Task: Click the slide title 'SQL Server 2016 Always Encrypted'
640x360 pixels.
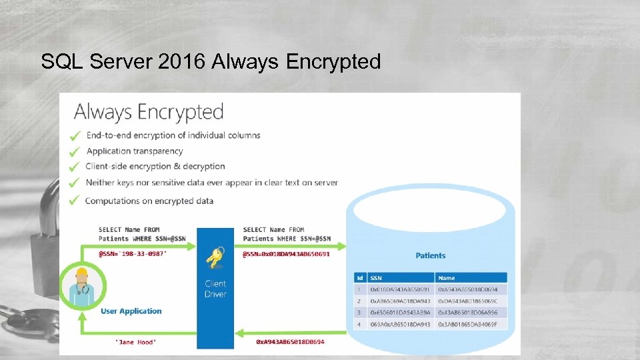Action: (x=211, y=62)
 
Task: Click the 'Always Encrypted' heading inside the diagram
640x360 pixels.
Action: (x=149, y=111)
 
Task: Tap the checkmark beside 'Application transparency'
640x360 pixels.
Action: (x=75, y=151)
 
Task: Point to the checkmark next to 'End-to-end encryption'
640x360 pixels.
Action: (x=75, y=136)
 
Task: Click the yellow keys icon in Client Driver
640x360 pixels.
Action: (x=215, y=258)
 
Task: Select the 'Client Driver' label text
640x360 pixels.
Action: (x=215, y=289)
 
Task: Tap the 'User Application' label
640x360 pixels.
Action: (x=131, y=311)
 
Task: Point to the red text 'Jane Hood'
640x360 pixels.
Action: (x=136, y=342)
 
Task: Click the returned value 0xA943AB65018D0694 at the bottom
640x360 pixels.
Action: (x=290, y=342)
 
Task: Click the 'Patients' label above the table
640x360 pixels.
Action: (x=430, y=255)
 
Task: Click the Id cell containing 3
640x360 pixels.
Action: (x=360, y=312)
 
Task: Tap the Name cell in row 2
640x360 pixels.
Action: (x=471, y=301)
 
